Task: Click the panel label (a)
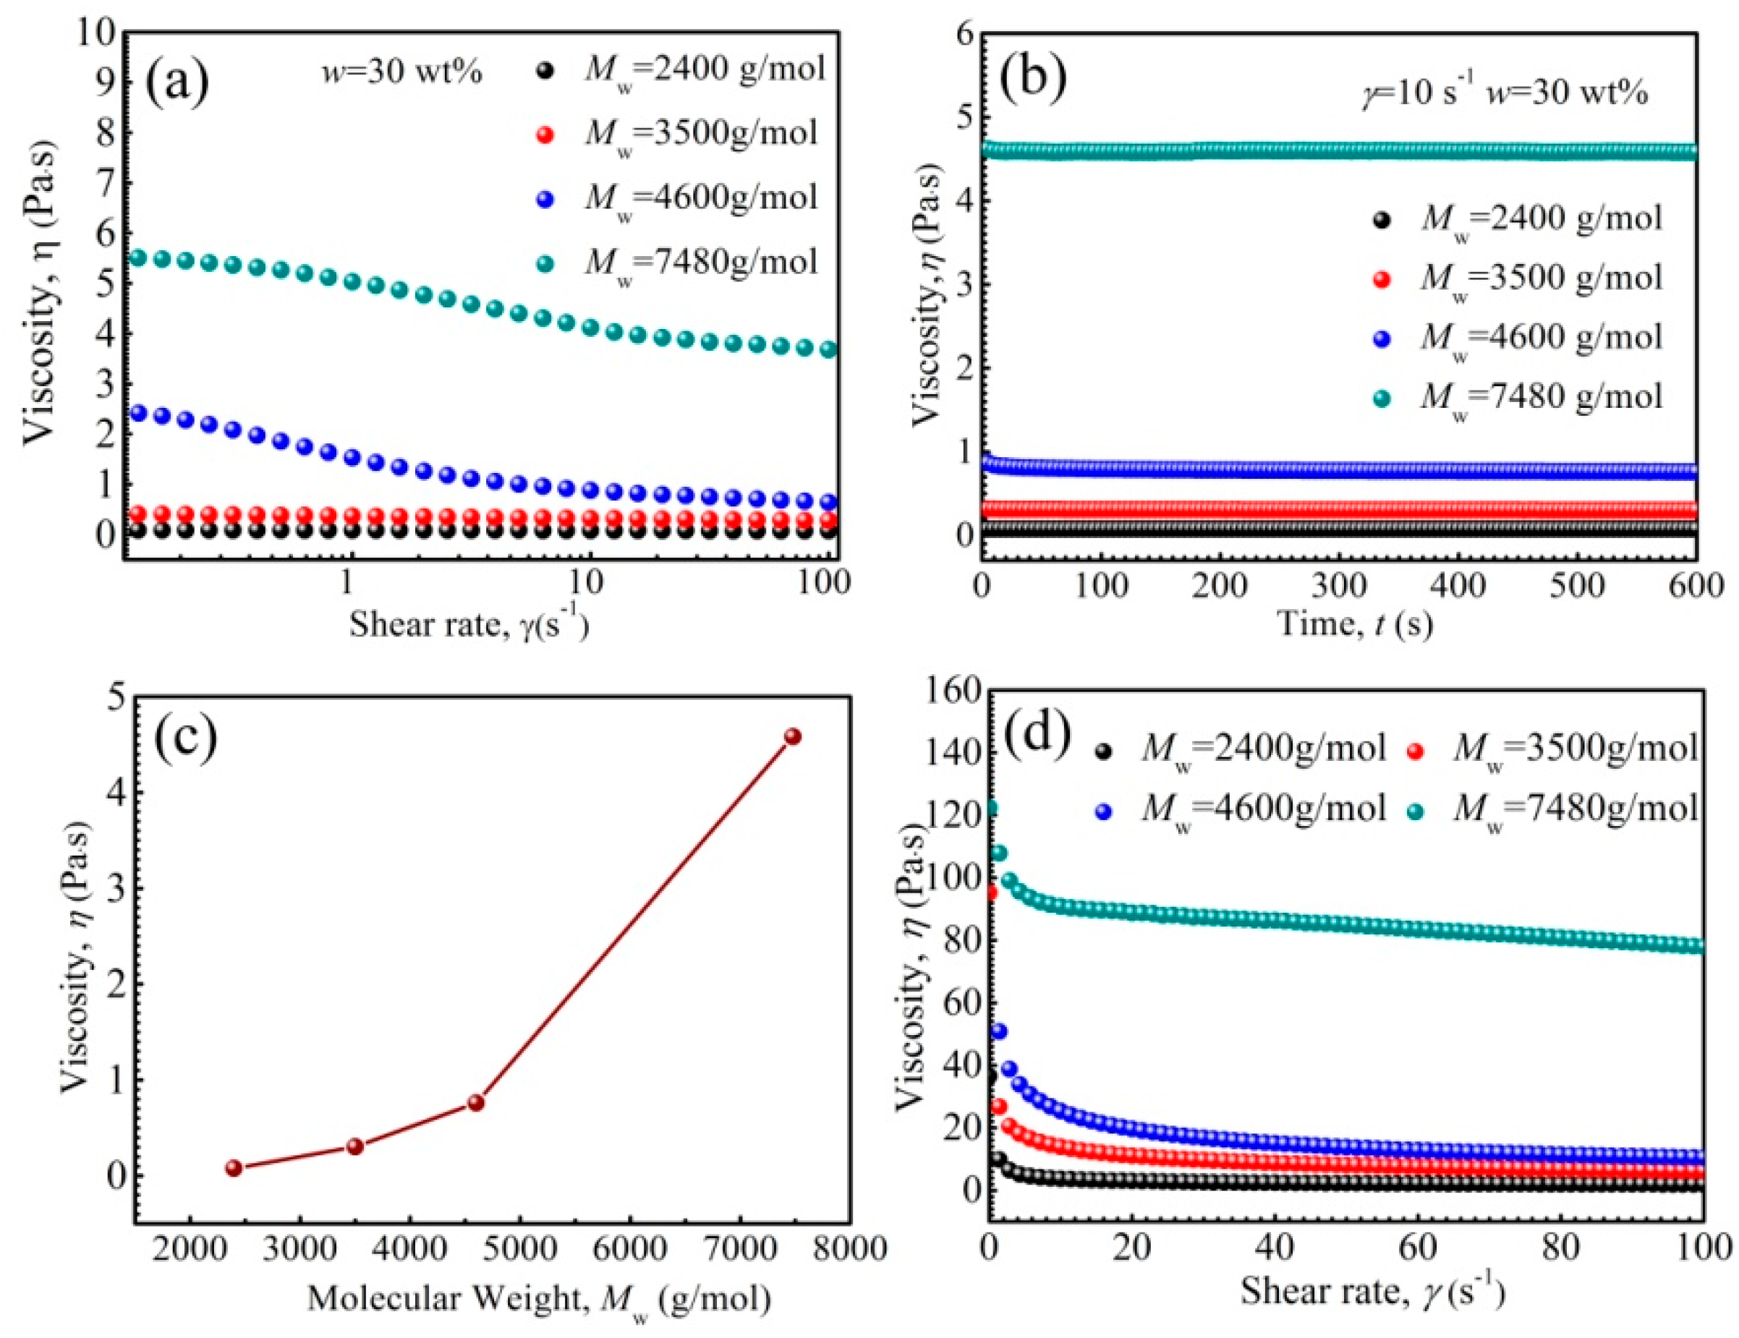176,82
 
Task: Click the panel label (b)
1033,82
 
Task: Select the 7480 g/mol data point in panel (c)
792,736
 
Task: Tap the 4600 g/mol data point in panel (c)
476,1103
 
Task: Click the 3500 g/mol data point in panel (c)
355,1147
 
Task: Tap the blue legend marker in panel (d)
1104,811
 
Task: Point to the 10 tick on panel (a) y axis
97,33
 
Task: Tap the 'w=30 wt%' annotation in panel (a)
401,72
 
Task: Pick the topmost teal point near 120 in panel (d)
990,809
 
